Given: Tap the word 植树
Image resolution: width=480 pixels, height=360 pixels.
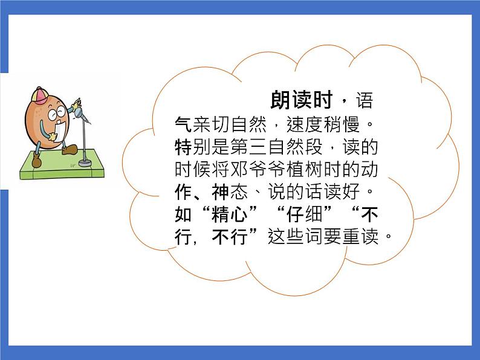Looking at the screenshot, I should coord(291,170).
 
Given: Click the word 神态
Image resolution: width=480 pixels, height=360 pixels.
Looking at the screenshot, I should coord(232,192).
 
